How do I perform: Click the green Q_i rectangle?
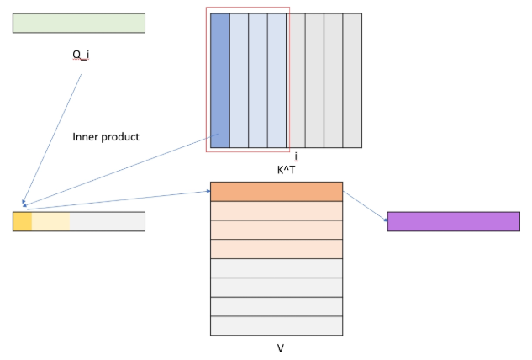78,23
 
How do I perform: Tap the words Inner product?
106,136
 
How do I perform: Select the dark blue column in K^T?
219,80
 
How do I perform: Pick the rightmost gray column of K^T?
352,80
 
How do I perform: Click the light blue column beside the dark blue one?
239,80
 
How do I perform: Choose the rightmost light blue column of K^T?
277,80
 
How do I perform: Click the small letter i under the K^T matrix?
296,156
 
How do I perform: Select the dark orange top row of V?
277,192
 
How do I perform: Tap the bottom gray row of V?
277,326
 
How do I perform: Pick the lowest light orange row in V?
277,249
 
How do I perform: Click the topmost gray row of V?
277,268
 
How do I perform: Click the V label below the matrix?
280,347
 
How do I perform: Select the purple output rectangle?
453,221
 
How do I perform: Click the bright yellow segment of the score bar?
23,221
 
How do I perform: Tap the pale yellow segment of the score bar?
51,221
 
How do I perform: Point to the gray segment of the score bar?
108,221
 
